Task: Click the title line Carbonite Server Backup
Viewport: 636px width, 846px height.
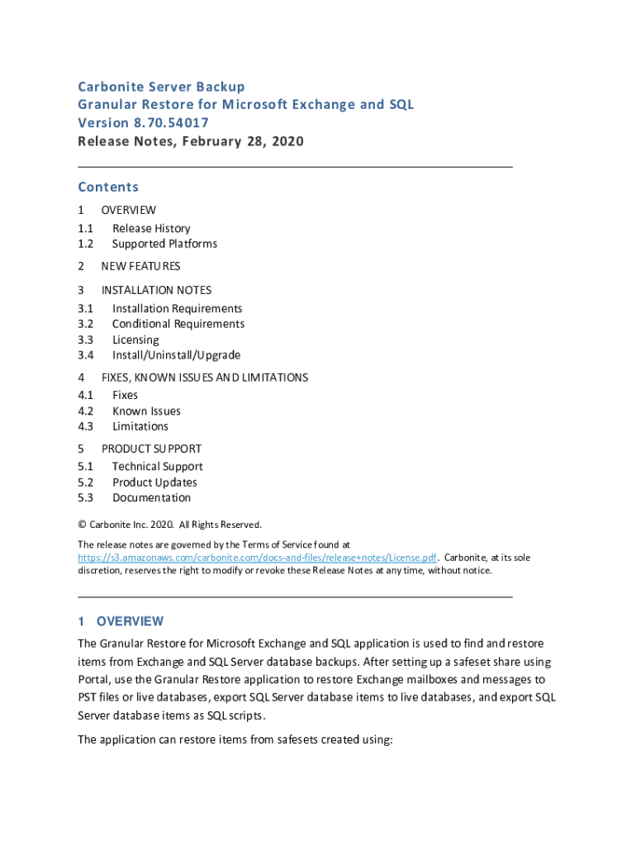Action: tap(161, 87)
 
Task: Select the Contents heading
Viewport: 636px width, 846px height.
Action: tap(108, 187)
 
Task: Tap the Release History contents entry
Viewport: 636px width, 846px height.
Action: tap(151, 228)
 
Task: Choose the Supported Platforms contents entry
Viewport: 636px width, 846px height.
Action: tap(164, 244)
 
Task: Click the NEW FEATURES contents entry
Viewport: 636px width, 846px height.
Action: tap(140, 266)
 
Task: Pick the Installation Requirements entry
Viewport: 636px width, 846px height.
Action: tap(177, 308)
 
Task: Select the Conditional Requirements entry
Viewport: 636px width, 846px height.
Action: tap(178, 324)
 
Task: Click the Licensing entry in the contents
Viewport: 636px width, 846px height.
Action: tap(135, 340)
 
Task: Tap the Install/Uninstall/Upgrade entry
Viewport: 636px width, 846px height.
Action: tap(176, 355)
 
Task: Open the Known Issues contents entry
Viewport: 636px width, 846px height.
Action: tap(146, 411)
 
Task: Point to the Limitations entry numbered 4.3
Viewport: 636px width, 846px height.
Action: tap(140, 426)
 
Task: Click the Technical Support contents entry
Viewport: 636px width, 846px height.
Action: tap(157, 467)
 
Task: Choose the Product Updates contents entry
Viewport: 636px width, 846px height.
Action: tap(154, 482)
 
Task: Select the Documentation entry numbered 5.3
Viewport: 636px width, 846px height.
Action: tap(151, 497)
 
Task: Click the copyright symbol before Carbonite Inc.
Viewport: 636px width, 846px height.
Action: tap(82, 525)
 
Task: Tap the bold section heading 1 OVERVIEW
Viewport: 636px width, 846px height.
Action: tap(121, 621)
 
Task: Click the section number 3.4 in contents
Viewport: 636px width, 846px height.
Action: tap(85, 355)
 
